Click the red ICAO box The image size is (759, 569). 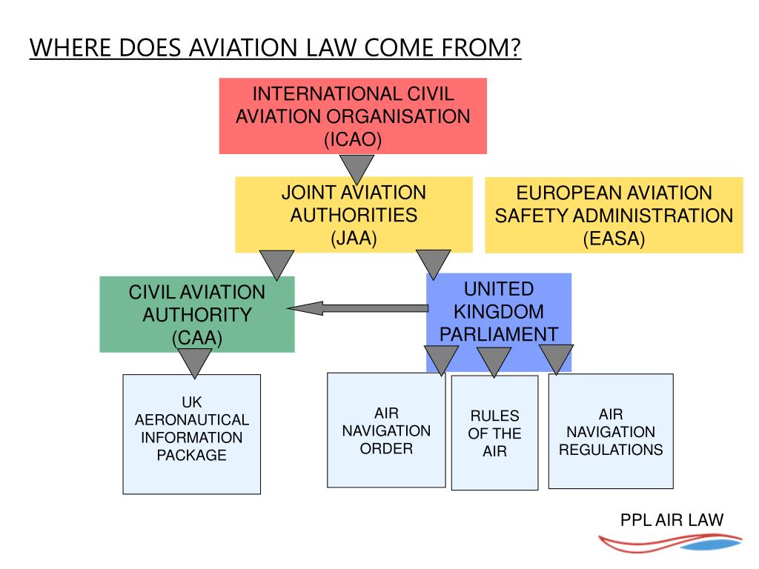click(353, 116)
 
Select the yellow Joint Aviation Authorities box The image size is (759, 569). click(354, 215)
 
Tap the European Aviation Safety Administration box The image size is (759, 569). click(614, 215)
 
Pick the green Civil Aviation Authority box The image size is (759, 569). click(197, 314)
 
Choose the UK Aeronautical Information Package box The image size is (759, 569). click(191, 433)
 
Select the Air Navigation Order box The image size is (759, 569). click(385, 431)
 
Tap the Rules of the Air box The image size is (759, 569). click(494, 433)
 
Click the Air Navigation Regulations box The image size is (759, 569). click(611, 431)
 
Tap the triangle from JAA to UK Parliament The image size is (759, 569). click(434, 263)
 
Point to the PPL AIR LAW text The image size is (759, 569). click(671, 520)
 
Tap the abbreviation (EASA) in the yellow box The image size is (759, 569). click(614, 239)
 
